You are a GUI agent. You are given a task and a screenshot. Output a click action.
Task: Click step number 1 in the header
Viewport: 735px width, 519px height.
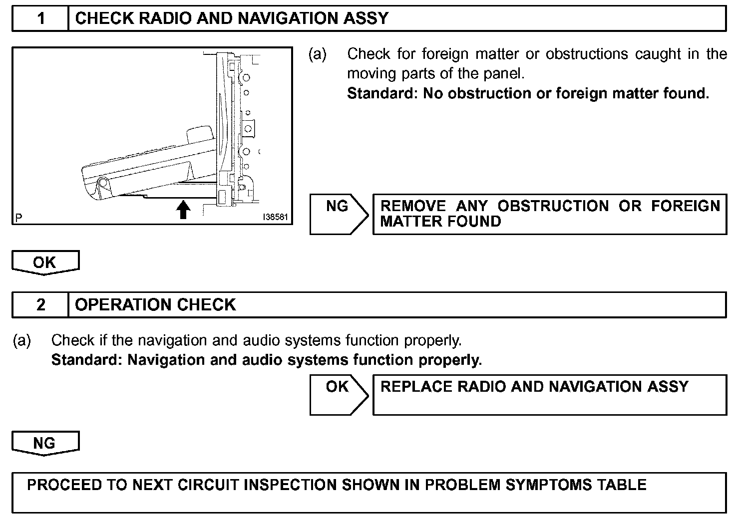pyautogui.click(x=41, y=18)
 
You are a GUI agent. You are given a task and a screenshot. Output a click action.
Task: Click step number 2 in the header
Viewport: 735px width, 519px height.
pyautogui.click(x=41, y=304)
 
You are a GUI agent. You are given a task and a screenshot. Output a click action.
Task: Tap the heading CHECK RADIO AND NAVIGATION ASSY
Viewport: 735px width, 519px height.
pyautogui.click(x=231, y=18)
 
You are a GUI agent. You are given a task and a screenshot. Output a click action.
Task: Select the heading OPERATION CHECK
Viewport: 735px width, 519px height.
pyautogui.click(x=155, y=304)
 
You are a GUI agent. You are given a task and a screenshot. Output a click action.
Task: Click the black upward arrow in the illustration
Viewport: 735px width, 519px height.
pyautogui.click(x=184, y=210)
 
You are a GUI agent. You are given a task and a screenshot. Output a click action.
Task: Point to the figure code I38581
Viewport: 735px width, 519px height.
pyautogui.click(x=276, y=218)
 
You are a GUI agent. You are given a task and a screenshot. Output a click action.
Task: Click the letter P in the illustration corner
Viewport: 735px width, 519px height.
pyautogui.click(x=19, y=218)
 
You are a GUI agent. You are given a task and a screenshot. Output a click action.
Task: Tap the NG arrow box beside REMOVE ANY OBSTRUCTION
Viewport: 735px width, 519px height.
pyautogui.click(x=339, y=214)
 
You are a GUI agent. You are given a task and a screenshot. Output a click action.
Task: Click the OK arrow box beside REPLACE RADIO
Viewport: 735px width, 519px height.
pyautogui.click(x=339, y=394)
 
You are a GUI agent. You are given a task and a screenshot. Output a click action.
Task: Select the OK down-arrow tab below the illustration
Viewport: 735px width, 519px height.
pyautogui.click(x=45, y=262)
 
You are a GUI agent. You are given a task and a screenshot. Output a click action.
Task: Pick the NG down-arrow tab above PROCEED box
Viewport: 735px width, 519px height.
pyautogui.click(x=45, y=443)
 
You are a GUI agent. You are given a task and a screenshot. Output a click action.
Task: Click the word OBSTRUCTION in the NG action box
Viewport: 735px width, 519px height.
pyautogui.click(x=553, y=206)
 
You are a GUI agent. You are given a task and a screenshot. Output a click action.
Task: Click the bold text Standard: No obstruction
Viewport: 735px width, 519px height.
pyautogui.click(x=528, y=93)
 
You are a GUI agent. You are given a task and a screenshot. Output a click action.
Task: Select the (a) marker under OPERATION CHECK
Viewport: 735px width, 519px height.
pyautogui.click(x=22, y=340)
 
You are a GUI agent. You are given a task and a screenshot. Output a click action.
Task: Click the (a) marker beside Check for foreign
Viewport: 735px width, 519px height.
pyautogui.click(x=318, y=54)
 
